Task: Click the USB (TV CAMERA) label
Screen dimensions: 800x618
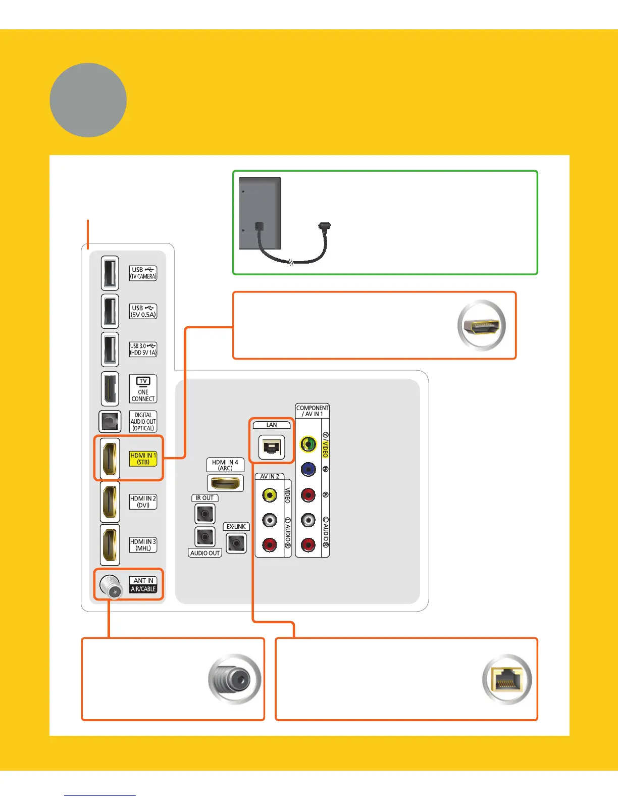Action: click(143, 273)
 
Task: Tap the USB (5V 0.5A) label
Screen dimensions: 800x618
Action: click(143, 311)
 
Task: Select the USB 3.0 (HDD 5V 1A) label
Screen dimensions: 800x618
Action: click(143, 349)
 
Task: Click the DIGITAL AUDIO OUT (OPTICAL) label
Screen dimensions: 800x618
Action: click(143, 422)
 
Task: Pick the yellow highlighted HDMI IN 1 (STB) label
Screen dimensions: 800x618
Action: click(143, 459)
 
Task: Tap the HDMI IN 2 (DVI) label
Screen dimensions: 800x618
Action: click(143, 502)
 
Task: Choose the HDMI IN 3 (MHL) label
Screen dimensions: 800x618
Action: click(143, 544)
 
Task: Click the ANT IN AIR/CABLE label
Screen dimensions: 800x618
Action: click(143, 585)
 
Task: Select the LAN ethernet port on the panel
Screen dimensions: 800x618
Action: click(272, 447)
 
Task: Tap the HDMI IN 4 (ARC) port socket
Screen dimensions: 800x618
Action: click(225, 483)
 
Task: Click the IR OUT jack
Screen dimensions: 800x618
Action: click(205, 514)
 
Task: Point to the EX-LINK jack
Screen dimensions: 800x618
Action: click(236, 543)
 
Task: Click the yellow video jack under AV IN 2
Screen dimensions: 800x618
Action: click(270, 495)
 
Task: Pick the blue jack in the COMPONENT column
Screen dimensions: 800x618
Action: click(308, 469)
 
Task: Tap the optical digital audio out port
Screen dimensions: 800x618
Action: click(110, 422)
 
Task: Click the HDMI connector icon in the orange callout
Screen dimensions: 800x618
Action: click(481, 325)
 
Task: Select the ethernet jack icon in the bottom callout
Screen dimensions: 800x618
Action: click(507, 680)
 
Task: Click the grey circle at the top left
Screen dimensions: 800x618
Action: click(88, 100)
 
